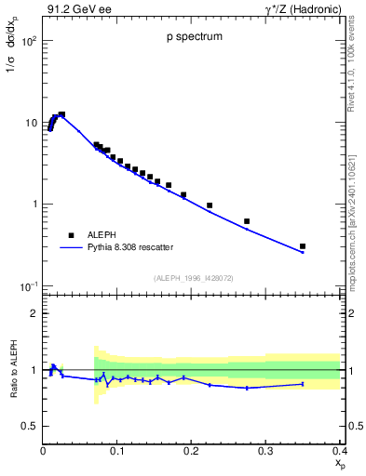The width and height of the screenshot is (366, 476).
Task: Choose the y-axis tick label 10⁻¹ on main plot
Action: (28, 285)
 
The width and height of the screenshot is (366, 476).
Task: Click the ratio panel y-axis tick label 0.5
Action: (30, 426)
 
